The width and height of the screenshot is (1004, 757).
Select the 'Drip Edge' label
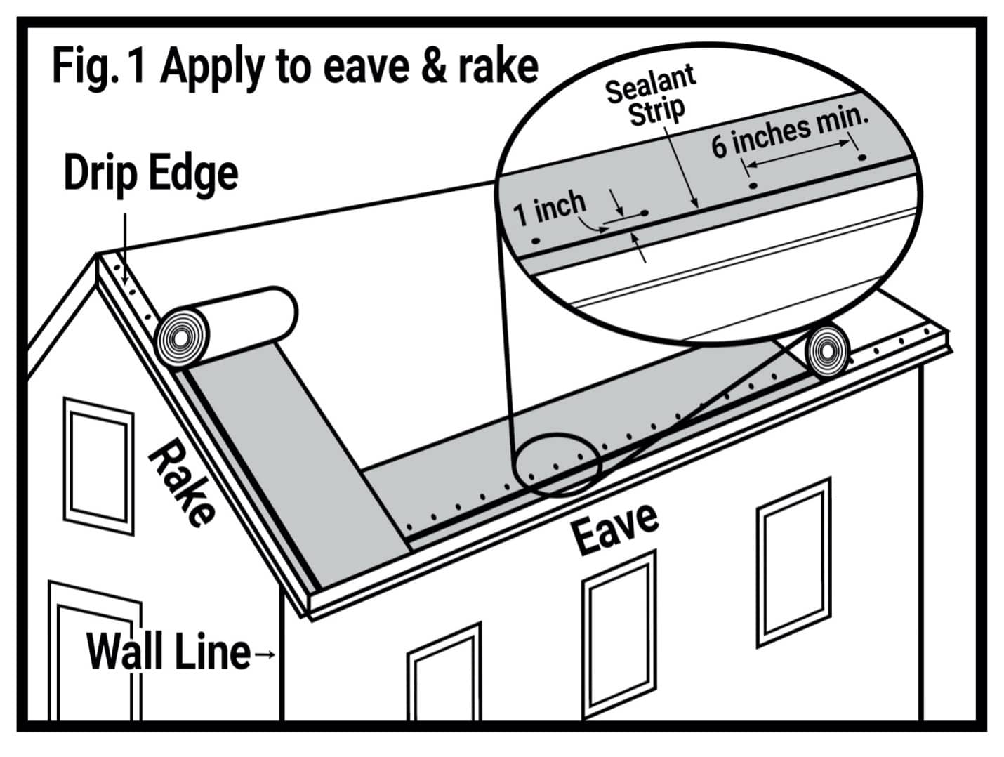pyautogui.click(x=150, y=173)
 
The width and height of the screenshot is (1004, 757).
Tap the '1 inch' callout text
pyautogui.click(x=549, y=206)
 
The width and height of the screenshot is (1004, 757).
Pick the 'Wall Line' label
pyautogui.click(x=168, y=652)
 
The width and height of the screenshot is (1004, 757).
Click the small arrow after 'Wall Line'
pyautogui.click(x=265, y=654)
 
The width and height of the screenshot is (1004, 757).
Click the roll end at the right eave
pyautogui.click(x=828, y=350)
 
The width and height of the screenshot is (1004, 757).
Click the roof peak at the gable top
pyautogui.click(x=98, y=256)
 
